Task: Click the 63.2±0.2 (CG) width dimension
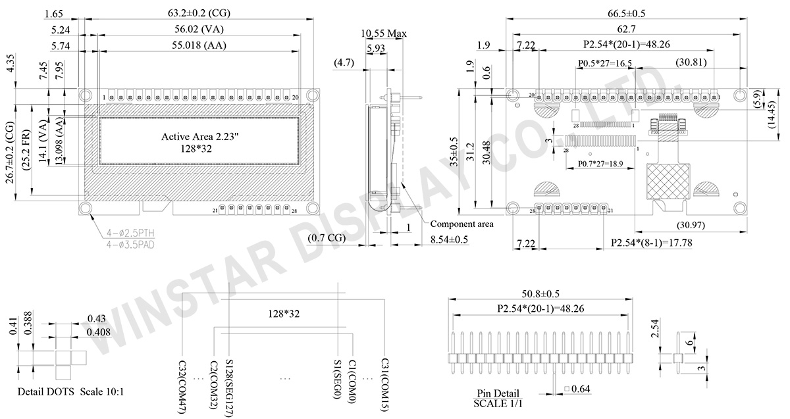[199, 13]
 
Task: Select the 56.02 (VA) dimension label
[199, 30]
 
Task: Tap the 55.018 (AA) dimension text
[199, 45]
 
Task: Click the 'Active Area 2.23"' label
[198, 137]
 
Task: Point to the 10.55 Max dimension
[382, 33]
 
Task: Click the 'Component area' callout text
[461, 224]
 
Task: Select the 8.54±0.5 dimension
[449, 239]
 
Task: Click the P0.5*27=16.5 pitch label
[605, 63]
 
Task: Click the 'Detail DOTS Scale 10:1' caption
[70, 392]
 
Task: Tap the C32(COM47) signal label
[182, 385]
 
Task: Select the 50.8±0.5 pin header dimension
[540, 293]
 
